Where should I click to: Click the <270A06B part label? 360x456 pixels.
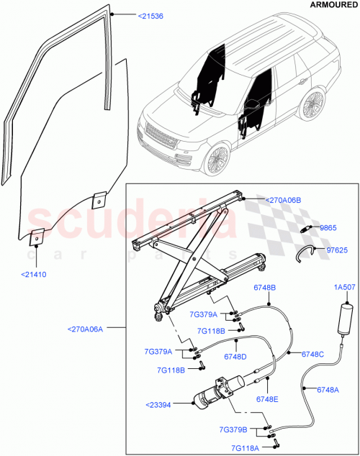283,200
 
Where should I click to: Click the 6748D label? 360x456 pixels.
235,357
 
